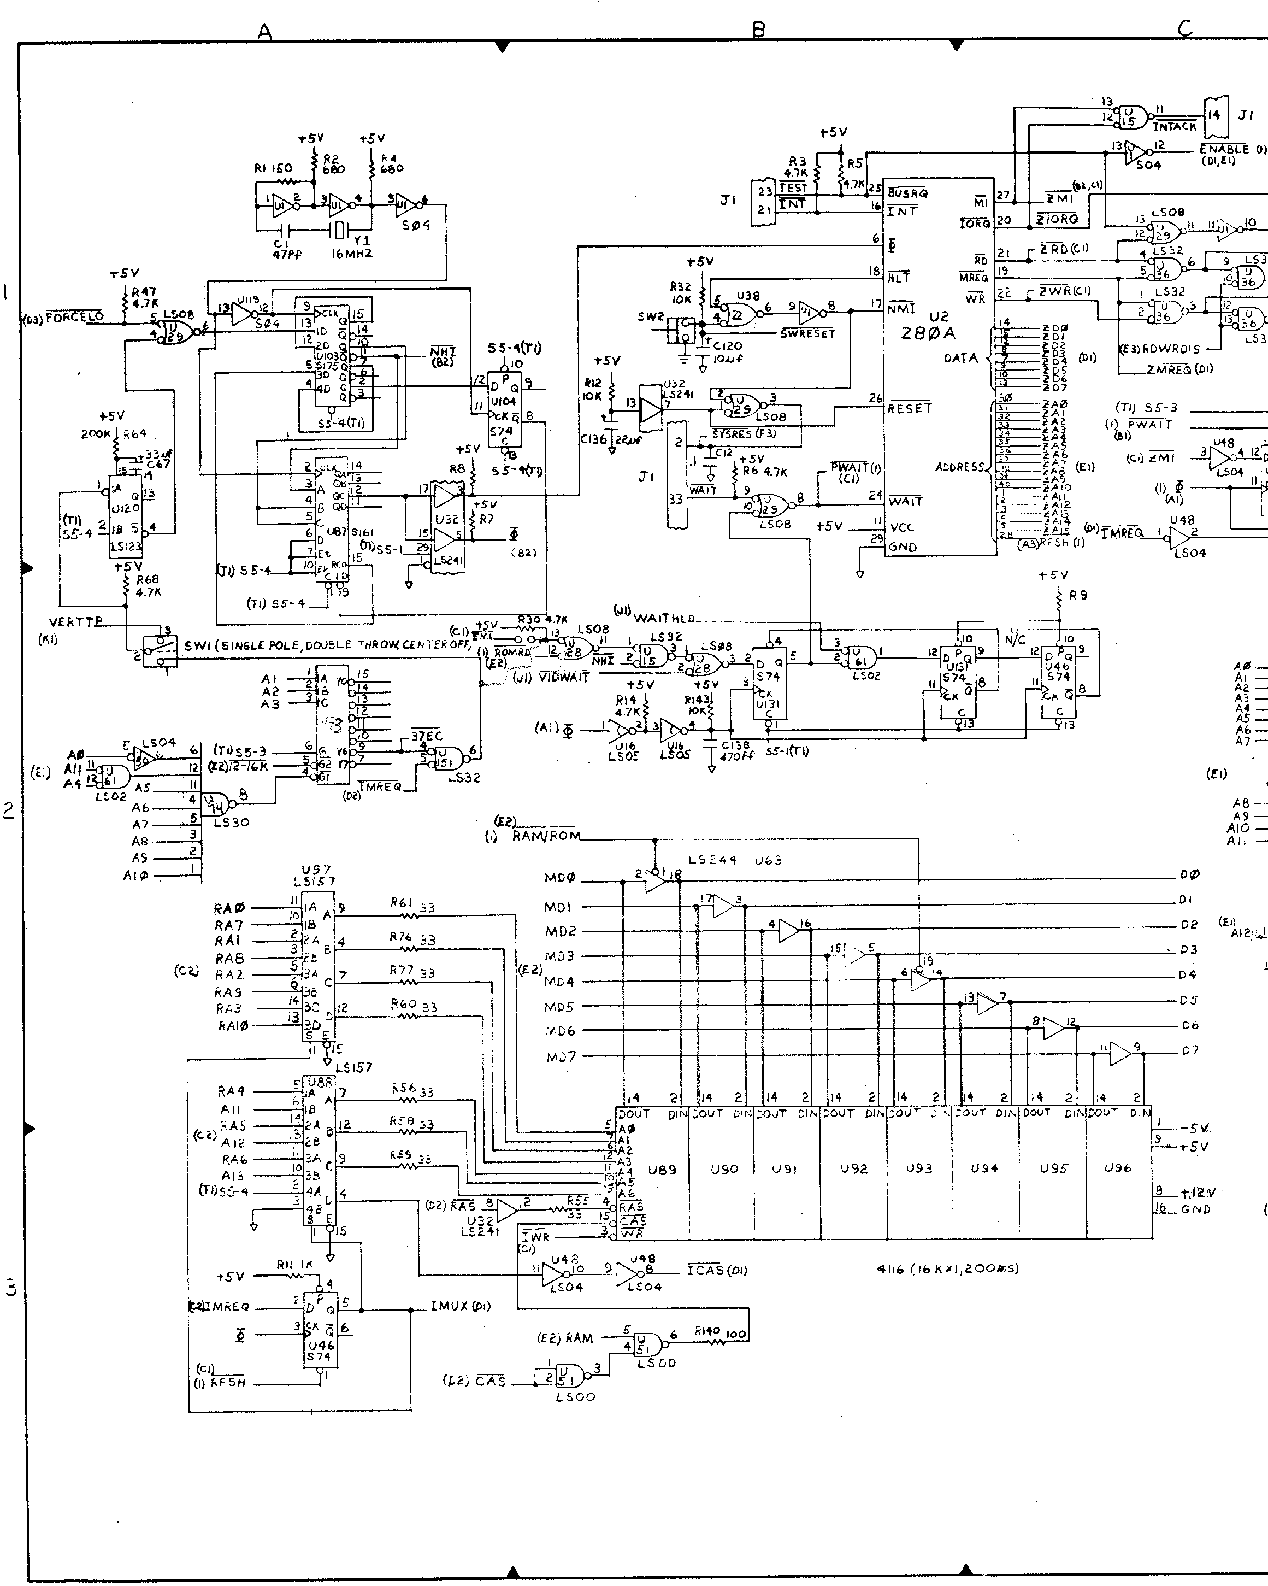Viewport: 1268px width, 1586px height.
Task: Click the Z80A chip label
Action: [x=928, y=333]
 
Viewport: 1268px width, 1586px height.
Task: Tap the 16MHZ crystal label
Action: [x=352, y=253]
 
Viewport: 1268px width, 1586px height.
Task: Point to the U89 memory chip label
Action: [x=662, y=1168]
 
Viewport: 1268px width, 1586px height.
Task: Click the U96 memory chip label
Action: [x=1117, y=1167]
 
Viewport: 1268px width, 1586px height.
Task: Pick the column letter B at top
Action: [x=759, y=30]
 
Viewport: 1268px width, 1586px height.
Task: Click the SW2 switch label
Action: [x=651, y=317]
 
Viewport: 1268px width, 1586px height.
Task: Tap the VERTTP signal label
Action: [x=76, y=622]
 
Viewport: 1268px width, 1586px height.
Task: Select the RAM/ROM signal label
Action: [x=546, y=836]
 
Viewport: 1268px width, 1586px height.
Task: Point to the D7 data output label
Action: [x=1189, y=1050]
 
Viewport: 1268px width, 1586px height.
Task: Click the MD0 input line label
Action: [x=560, y=878]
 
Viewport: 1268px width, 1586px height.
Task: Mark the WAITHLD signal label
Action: [x=664, y=618]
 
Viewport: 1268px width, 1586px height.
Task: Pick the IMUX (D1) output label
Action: [x=461, y=1307]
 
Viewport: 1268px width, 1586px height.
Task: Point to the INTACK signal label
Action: [x=1175, y=127]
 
